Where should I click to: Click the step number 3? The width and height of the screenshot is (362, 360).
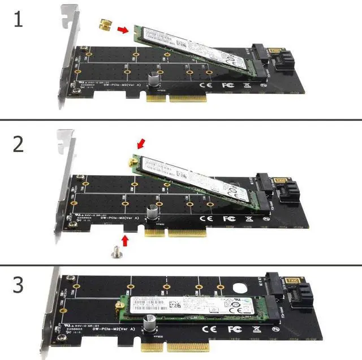tap(19, 284)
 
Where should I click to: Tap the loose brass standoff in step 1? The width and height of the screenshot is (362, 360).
tap(105, 25)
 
